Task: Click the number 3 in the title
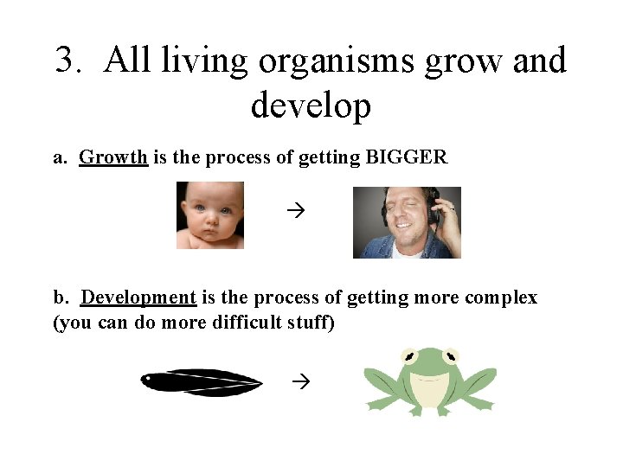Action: coord(66,61)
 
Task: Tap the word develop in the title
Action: coord(311,106)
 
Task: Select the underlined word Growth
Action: coord(113,157)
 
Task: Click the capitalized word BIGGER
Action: coord(407,157)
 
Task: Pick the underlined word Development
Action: coord(138,297)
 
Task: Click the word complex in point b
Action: coord(500,297)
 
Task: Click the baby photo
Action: coord(210,215)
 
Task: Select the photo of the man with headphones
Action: coord(407,221)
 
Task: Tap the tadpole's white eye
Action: coord(151,378)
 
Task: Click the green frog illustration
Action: coord(430,381)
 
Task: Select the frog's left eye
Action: coord(408,355)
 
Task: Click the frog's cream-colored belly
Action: coord(430,391)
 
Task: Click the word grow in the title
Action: coord(472,61)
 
